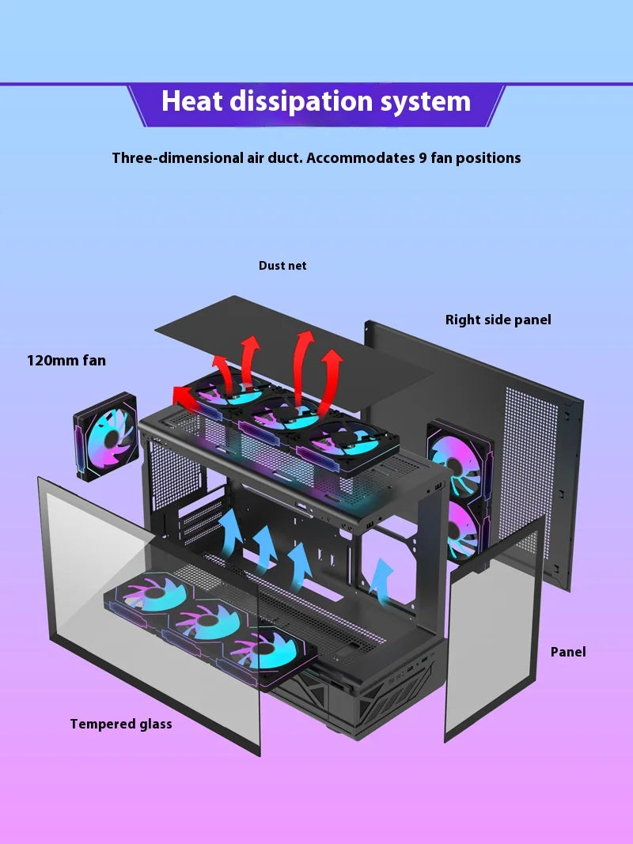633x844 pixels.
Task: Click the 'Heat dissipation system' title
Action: [316, 102]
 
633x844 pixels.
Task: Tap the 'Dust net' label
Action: [282, 266]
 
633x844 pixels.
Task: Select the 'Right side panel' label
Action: [498, 320]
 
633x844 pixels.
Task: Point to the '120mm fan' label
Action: [66, 361]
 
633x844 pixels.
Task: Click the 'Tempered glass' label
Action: [120, 724]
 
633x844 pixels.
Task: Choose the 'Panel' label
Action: [568, 652]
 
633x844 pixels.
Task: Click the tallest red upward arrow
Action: [302, 368]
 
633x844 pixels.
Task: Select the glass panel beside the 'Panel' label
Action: [495, 625]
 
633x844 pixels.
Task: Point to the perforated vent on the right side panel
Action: [530, 451]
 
